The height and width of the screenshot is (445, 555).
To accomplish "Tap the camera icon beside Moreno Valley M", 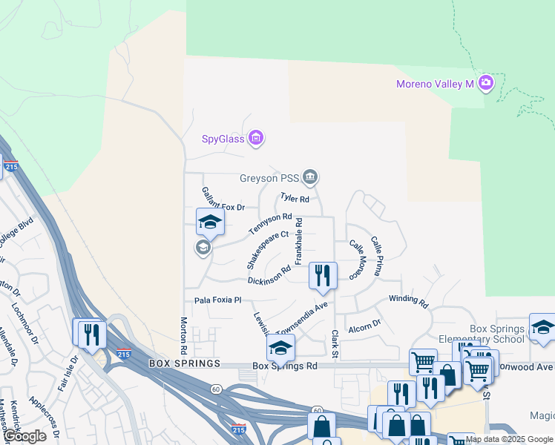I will [487, 82].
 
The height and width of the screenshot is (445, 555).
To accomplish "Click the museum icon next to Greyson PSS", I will [311, 177].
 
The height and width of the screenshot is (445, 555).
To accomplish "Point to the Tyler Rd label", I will [295, 198].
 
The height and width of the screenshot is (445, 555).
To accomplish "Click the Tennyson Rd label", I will [270, 222].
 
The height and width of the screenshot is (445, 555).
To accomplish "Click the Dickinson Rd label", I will [269, 275].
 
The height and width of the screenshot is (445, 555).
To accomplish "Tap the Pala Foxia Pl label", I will [218, 300].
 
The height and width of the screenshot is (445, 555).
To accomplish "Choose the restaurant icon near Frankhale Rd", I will [323, 275].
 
